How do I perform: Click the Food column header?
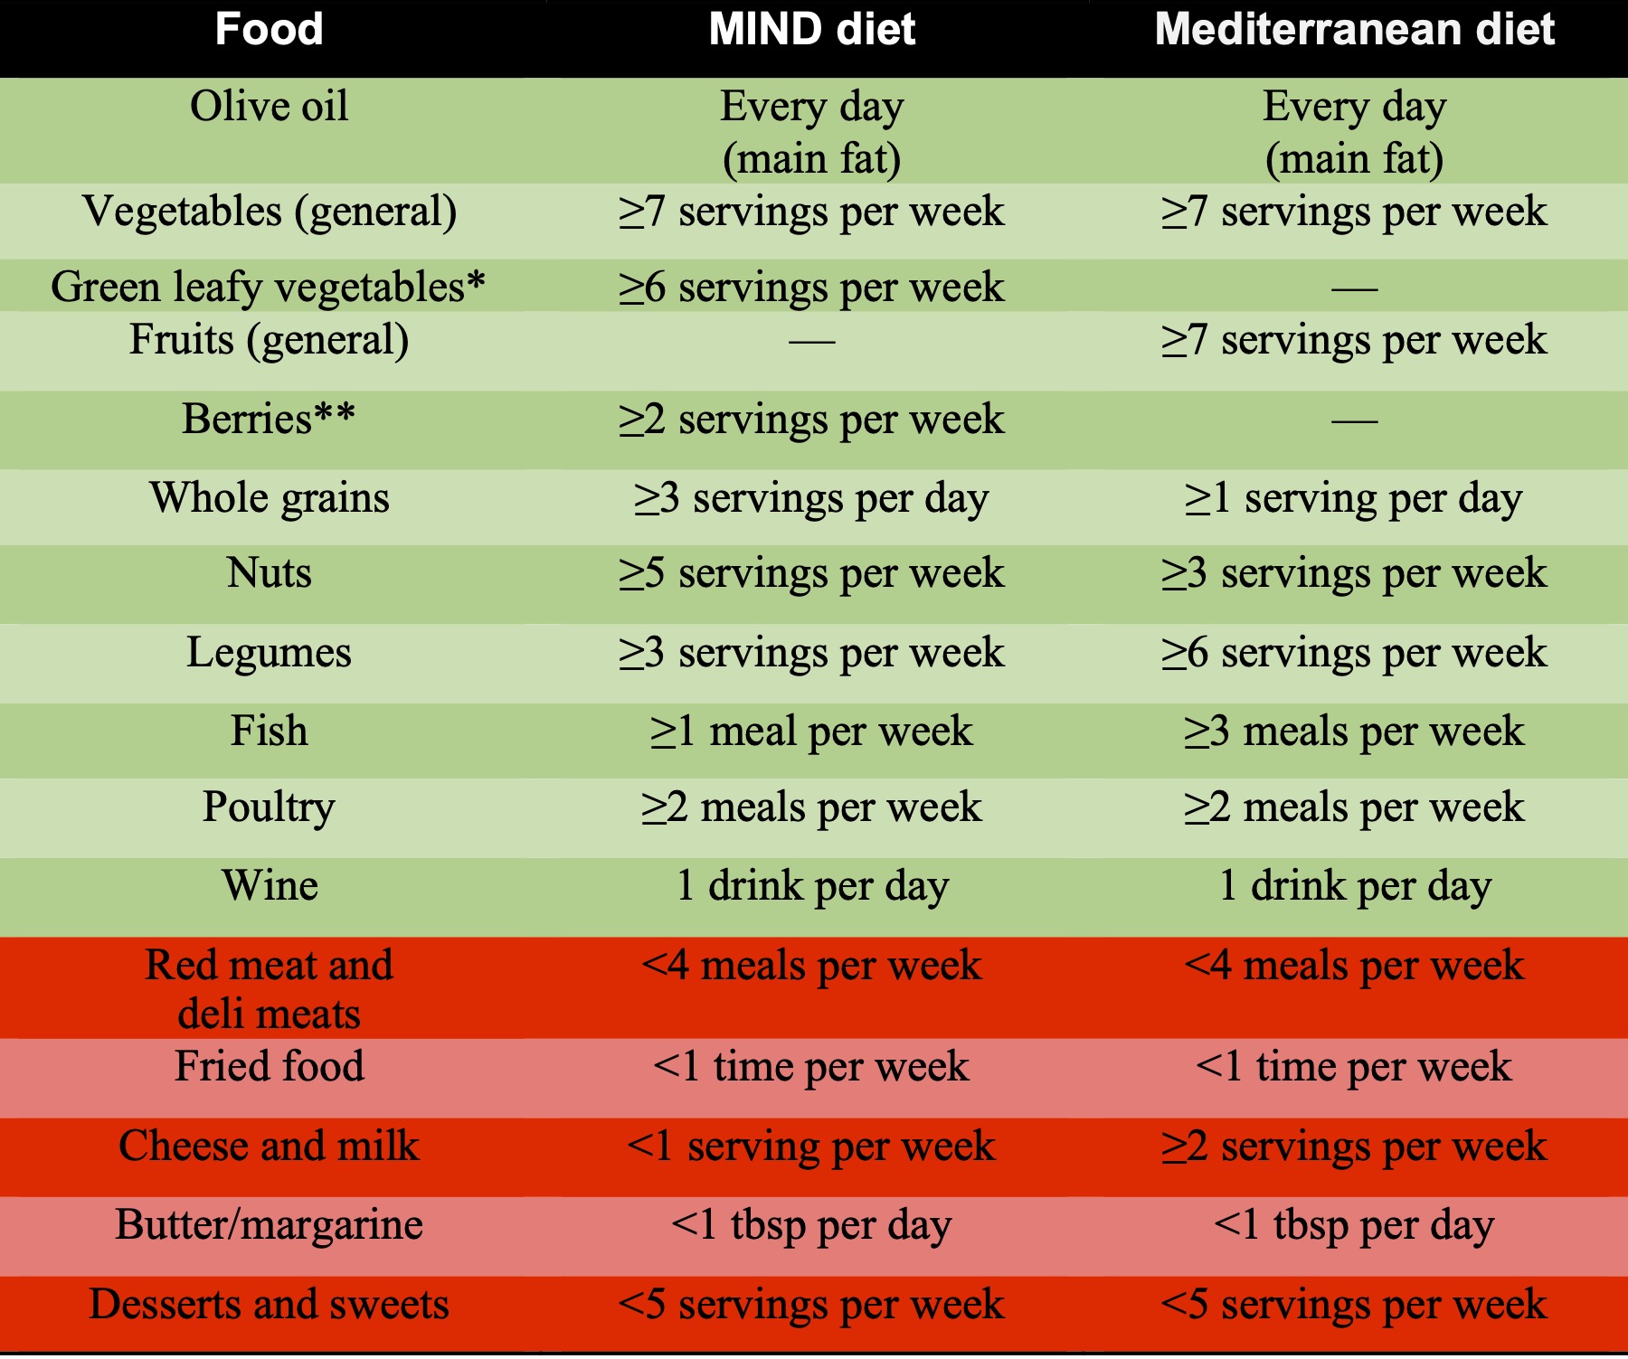click(x=269, y=29)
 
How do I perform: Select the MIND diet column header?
click(x=811, y=29)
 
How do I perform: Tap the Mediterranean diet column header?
click(x=1354, y=29)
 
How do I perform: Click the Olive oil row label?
click(x=269, y=107)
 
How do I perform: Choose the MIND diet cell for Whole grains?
click(x=811, y=498)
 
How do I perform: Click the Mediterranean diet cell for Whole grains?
click(x=1354, y=498)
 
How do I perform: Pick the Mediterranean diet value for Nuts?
click(x=1354, y=573)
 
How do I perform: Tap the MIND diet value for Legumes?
click(x=811, y=653)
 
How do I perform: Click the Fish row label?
click(x=269, y=731)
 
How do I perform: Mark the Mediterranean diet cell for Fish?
click(x=1354, y=731)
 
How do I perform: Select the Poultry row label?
click(x=269, y=807)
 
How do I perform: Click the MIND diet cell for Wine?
click(x=811, y=885)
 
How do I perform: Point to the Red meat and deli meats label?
click(x=269, y=988)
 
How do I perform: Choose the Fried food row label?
click(x=269, y=1066)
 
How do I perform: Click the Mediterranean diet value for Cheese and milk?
click(x=1354, y=1147)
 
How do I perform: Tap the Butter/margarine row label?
click(x=269, y=1225)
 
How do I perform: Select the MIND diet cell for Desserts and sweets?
click(x=811, y=1305)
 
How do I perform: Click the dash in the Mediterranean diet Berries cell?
click(x=1354, y=420)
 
